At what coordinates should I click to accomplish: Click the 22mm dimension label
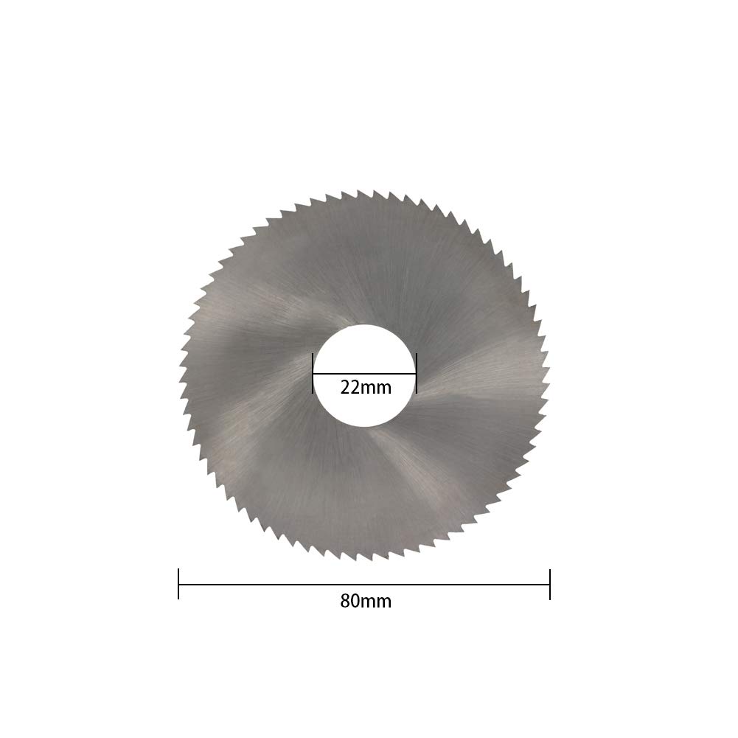[366, 387]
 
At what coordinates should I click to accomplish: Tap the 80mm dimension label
[366, 601]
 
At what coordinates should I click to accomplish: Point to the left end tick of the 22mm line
[313, 372]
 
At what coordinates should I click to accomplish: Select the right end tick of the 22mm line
[417, 372]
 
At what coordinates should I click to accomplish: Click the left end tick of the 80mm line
[179, 584]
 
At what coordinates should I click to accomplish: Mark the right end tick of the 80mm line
[550, 584]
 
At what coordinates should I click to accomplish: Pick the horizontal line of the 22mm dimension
[365, 373]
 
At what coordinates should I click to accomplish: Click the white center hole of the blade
[365, 347]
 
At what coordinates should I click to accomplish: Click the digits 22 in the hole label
[349, 387]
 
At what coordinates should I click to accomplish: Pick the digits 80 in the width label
[349, 601]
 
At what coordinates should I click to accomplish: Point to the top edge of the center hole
[365, 325]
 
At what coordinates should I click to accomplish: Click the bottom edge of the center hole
[365, 425]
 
